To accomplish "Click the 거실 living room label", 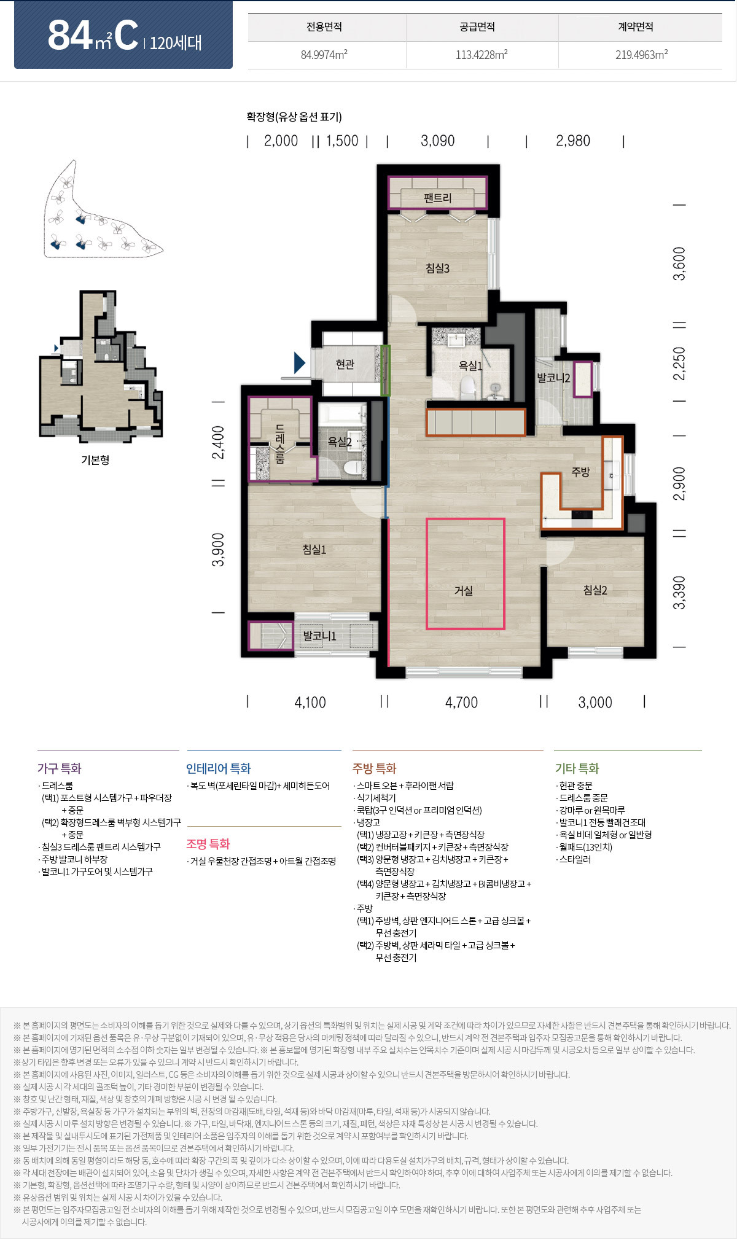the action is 464,591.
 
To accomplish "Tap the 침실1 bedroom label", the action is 314,550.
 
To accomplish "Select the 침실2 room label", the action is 595,590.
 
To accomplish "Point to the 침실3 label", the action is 437,268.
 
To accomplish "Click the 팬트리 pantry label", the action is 437,198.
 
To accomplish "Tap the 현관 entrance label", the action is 345,364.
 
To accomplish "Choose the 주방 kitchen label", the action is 580,472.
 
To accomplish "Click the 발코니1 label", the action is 319,636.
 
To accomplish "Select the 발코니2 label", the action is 553,378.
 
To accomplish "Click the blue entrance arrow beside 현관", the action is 300,363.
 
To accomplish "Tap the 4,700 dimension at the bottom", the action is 461,702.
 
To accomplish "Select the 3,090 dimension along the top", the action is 438,141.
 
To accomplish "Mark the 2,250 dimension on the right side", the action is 679,364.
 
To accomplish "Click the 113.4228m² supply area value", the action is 482,55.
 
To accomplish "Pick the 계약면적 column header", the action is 636,27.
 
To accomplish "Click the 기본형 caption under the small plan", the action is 95,459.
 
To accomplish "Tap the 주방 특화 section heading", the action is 374,768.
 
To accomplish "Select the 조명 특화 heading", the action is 208,844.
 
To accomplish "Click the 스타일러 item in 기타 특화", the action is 575,859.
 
